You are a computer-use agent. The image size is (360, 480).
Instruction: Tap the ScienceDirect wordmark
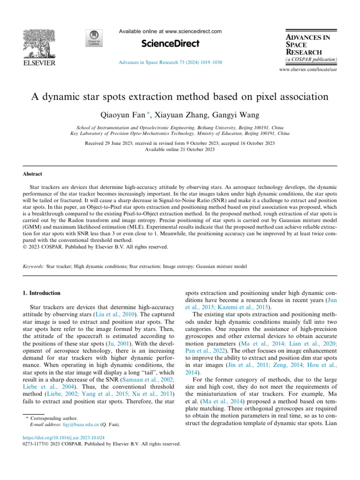[x=170, y=44]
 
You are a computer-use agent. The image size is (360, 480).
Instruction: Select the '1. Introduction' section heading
[x=42, y=293]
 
